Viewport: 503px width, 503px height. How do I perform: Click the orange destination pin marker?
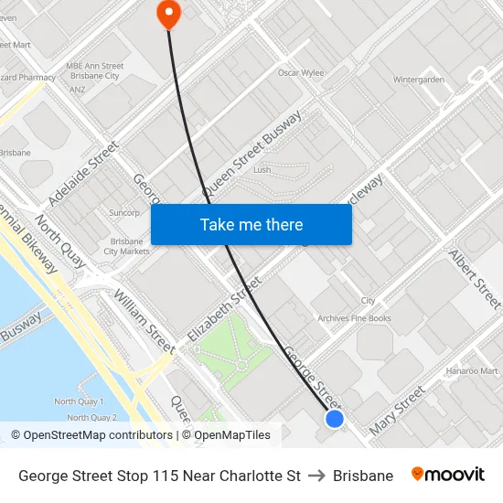point(169,13)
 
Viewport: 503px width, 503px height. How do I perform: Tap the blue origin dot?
point(335,418)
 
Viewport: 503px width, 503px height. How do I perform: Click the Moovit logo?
point(448,475)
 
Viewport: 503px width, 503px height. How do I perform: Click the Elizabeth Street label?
point(224,311)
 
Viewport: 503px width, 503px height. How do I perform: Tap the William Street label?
point(144,321)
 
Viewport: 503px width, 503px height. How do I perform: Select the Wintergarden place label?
point(419,80)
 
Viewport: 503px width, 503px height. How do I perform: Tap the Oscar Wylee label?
point(301,72)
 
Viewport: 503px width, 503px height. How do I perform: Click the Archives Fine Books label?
point(354,318)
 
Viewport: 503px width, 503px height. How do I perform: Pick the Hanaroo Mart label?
point(472,371)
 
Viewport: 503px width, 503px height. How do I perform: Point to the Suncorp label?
point(123,212)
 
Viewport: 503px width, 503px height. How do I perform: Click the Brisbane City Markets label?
point(128,246)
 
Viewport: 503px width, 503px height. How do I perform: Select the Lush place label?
point(262,170)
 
